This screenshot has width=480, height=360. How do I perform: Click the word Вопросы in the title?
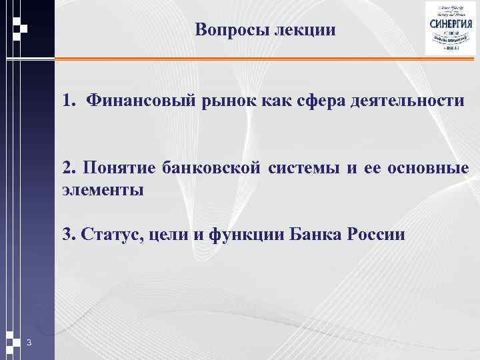click(232, 31)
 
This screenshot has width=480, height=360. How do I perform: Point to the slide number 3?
click(29, 343)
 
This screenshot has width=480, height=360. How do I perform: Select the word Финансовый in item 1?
click(137, 101)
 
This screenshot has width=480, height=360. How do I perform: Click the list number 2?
click(67, 167)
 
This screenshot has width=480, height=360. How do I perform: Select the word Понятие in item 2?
click(115, 167)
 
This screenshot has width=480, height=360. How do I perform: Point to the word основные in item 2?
click(434, 167)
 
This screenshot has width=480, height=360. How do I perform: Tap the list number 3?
click(67, 235)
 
